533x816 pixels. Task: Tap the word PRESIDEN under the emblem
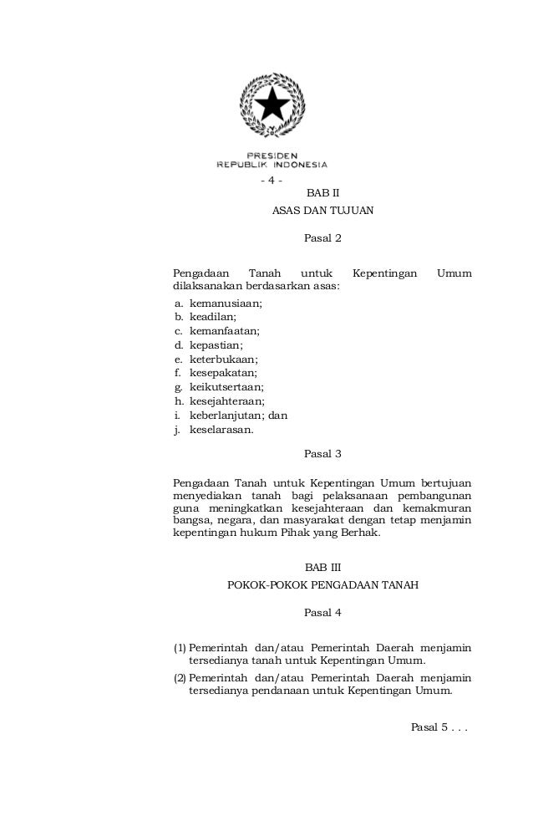tap(272, 155)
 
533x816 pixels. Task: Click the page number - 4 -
tap(272, 181)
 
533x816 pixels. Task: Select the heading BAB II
tap(323, 194)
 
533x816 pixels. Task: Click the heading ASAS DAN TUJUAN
tap(323, 211)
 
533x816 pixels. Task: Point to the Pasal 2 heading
tap(323, 239)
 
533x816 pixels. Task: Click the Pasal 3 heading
tap(323, 455)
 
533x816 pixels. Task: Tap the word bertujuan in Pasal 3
tap(446, 483)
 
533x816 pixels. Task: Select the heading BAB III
tap(323, 568)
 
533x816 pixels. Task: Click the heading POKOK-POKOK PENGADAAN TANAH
tap(323, 584)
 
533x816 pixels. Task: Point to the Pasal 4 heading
tap(323, 613)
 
